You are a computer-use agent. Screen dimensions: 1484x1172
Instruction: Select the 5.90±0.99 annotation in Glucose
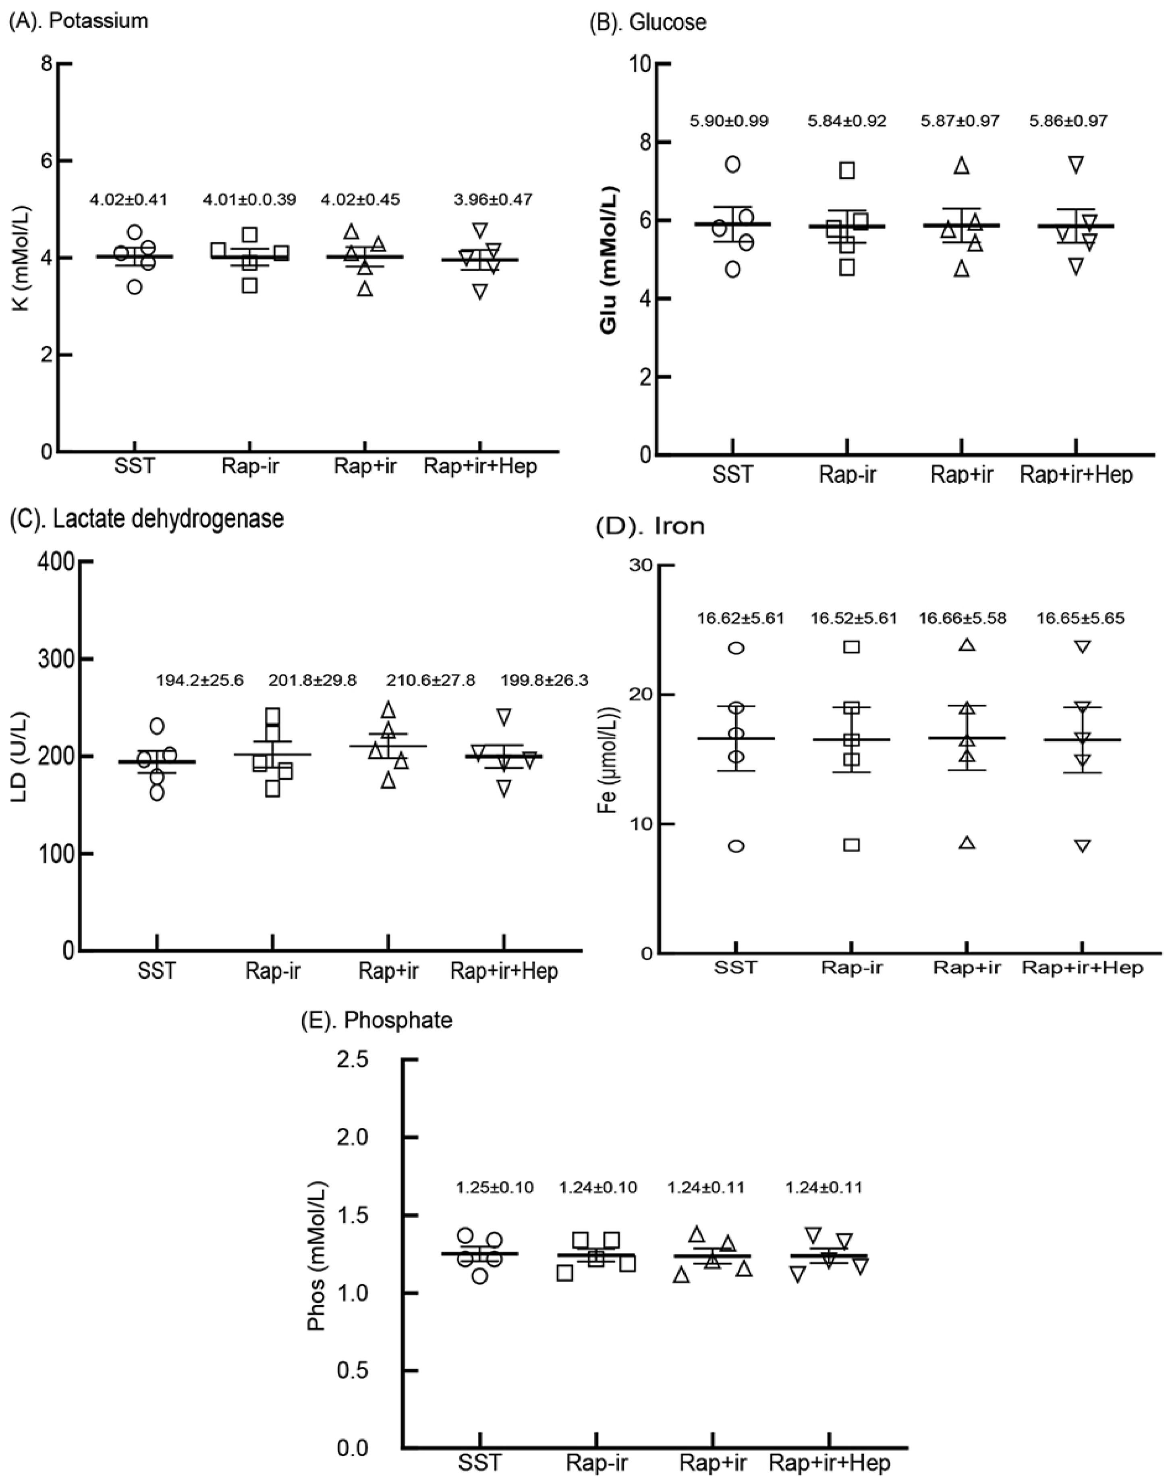click(x=729, y=121)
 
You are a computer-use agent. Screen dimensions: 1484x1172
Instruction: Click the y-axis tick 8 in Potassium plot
click(x=47, y=64)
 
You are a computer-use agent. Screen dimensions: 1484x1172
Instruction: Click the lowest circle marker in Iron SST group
click(x=736, y=846)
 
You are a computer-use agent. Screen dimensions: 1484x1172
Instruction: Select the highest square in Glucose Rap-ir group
click(x=848, y=170)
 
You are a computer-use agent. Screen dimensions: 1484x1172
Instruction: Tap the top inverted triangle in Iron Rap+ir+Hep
click(x=1083, y=646)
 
